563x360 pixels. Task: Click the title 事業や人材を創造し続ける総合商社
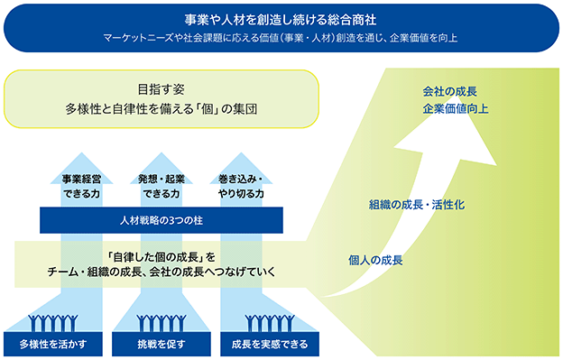(281, 20)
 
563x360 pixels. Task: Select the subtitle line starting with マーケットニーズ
(281, 38)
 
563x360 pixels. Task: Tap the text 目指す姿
(162, 89)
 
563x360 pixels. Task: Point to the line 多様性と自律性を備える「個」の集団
(162, 109)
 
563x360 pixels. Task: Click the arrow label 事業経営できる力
(81, 186)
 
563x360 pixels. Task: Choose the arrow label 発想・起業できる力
(162, 186)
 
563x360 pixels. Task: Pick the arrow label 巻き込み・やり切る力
(241, 186)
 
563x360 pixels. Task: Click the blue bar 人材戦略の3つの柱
(162, 220)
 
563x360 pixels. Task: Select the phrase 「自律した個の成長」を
(162, 257)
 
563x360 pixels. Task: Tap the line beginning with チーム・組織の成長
(162, 272)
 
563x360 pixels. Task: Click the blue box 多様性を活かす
(53, 344)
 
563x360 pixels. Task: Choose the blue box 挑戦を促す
(162, 344)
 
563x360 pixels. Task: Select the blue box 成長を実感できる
(270, 344)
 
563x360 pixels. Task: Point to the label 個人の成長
(375, 260)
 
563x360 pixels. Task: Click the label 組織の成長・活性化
(417, 205)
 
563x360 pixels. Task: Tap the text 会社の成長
(449, 91)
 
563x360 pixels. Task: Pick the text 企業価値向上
(456, 108)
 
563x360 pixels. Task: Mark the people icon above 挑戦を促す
(162, 323)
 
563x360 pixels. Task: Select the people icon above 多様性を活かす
(53, 323)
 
